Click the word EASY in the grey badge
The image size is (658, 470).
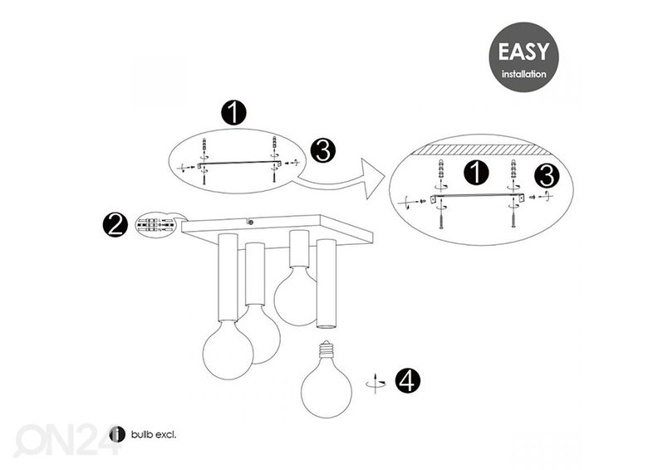(x=523, y=52)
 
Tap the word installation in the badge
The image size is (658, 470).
(x=523, y=74)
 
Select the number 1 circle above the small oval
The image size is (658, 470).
(x=233, y=112)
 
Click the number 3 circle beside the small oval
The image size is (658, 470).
(x=323, y=151)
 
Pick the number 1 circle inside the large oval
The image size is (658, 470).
(x=476, y=173)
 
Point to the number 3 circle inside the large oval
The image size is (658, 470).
(x=547, y=176)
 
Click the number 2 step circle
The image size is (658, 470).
(x=115, y=225)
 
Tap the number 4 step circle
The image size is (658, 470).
(x=407, y=380)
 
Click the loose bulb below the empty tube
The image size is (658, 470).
(x=327, y=379)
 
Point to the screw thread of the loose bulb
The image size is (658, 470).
(x=326, y=349)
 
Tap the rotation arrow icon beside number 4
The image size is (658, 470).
(x=376, y=382)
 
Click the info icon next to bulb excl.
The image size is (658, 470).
(x=117, y=434)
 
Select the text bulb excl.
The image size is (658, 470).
(x=154, y=435)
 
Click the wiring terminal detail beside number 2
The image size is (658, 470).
(x=155, y=225)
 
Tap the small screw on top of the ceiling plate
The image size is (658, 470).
(x=251, y=223)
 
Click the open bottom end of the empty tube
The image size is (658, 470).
(x=326, y=325)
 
